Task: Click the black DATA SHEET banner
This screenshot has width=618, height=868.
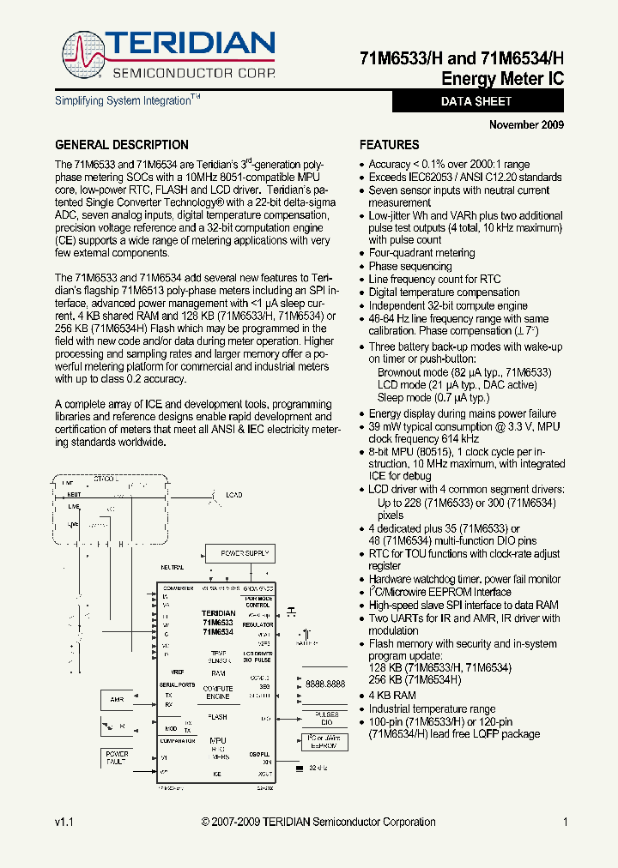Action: [477, 101]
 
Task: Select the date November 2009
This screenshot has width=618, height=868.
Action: [526, 125]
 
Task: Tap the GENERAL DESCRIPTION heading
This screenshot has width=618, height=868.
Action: [122, 145]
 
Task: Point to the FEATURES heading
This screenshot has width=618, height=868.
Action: [389, 145]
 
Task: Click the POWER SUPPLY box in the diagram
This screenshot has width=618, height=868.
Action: [244, 554]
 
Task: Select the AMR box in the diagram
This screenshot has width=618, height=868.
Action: [118, 699]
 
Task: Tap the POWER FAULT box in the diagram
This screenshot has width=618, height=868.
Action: [117, 758]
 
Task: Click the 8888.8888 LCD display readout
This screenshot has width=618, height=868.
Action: [325, 684]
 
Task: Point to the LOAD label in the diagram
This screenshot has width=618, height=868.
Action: [233, 495]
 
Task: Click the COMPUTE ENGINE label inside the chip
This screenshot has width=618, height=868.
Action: [218, 693]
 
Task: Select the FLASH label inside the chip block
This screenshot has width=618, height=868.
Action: [218, 717]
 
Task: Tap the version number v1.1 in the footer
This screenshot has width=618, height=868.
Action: [64, 822]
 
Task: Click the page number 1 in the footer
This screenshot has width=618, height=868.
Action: [566, 822]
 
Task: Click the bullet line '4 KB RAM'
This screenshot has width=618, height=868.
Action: [392, 696]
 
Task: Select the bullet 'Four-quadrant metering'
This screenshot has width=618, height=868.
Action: [421, 253]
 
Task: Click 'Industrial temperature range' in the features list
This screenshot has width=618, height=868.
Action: [432, 708]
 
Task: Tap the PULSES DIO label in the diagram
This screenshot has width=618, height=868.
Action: [327, 718]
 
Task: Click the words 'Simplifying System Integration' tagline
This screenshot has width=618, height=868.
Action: [123, 101]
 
